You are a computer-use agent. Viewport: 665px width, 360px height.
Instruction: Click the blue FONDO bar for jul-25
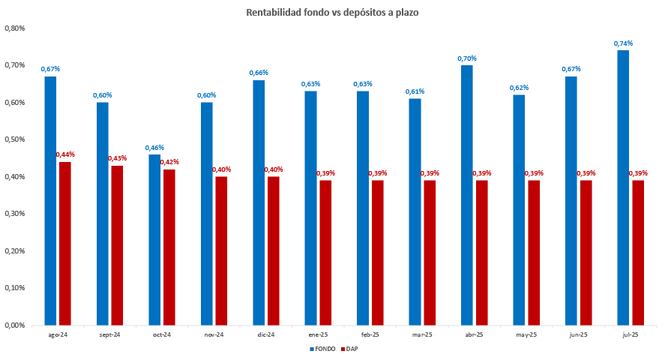pyautogui.click(x=622, y=187)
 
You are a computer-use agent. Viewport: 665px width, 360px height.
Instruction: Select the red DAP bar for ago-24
pyautogui.click(x=65, y=244)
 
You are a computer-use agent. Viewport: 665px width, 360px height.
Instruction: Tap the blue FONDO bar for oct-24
pyautogui.click(x=154, y=240)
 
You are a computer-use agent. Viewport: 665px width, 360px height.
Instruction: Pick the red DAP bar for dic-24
pyautogui.click(x=274, y=251)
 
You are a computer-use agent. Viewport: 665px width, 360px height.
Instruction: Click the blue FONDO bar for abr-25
pyautogui.click(x=466, y=195)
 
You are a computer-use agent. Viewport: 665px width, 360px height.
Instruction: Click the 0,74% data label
pyautogui.click(x=623, y=43)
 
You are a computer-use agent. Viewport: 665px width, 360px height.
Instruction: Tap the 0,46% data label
pyautogui.click(x=154, y=148)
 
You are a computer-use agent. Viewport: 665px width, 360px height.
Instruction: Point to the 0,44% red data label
pyautogui.click(x=65, y=154)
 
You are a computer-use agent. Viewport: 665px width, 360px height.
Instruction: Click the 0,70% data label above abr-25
pyautogui.click(x=467, y=58)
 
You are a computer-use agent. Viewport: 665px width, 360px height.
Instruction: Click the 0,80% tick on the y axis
pyautogui.click(x=15, y=28)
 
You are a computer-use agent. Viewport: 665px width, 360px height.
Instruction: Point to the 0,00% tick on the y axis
pyautogui.click(x=15, y=325)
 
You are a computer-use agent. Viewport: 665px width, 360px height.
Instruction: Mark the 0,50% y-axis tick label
pyautogui.click(x=15, y=139)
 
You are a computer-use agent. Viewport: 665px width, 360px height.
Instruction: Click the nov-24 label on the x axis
pyautogui.click(x=214, y=334)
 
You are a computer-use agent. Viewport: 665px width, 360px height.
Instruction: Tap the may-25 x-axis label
pyautogui.click(x=526, y=334)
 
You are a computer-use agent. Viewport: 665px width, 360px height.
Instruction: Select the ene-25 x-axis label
pyautogui.click(x=318, y=334)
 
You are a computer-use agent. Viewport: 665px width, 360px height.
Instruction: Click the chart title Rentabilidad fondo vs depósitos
pyautogui.click(x=332, y=13)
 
